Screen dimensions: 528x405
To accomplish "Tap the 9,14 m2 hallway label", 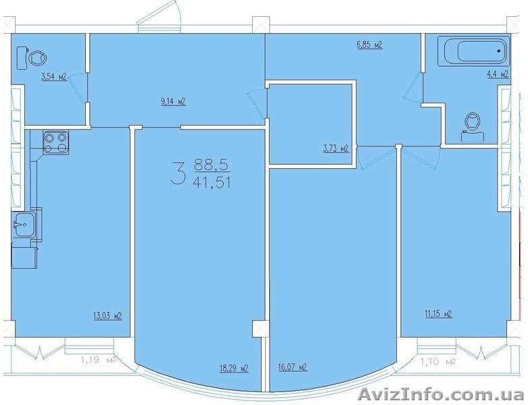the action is (x=174, y=102).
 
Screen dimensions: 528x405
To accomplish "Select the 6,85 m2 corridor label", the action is (x=369, y=45).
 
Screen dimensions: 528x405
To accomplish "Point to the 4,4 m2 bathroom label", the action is (x=497, y=74).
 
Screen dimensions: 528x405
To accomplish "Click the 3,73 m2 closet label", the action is (x=335, y=148).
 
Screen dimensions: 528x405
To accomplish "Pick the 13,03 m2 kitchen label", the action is (x=107, y=316).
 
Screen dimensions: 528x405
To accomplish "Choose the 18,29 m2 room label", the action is (x=234, y=369).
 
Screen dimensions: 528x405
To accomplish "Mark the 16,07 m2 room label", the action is (x=293, y=367).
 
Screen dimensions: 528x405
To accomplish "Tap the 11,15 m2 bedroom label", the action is (x=438, y=315).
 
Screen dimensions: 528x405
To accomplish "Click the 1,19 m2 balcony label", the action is (x=98, y=361).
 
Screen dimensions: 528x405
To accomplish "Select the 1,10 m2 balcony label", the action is (x=438, y=362).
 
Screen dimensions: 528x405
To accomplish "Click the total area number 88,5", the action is (x=212, y=165).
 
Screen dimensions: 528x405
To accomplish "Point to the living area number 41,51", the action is (x=212, y=183).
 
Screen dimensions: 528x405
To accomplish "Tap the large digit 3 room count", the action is (x=178, y=173).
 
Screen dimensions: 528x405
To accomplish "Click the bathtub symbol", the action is (x=473, y=51).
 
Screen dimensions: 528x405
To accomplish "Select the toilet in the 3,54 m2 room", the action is (x=32, y=58).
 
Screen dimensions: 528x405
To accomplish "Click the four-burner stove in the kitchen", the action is (x=55, y=142).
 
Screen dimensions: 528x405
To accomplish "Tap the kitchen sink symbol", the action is (x=23, y=225).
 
